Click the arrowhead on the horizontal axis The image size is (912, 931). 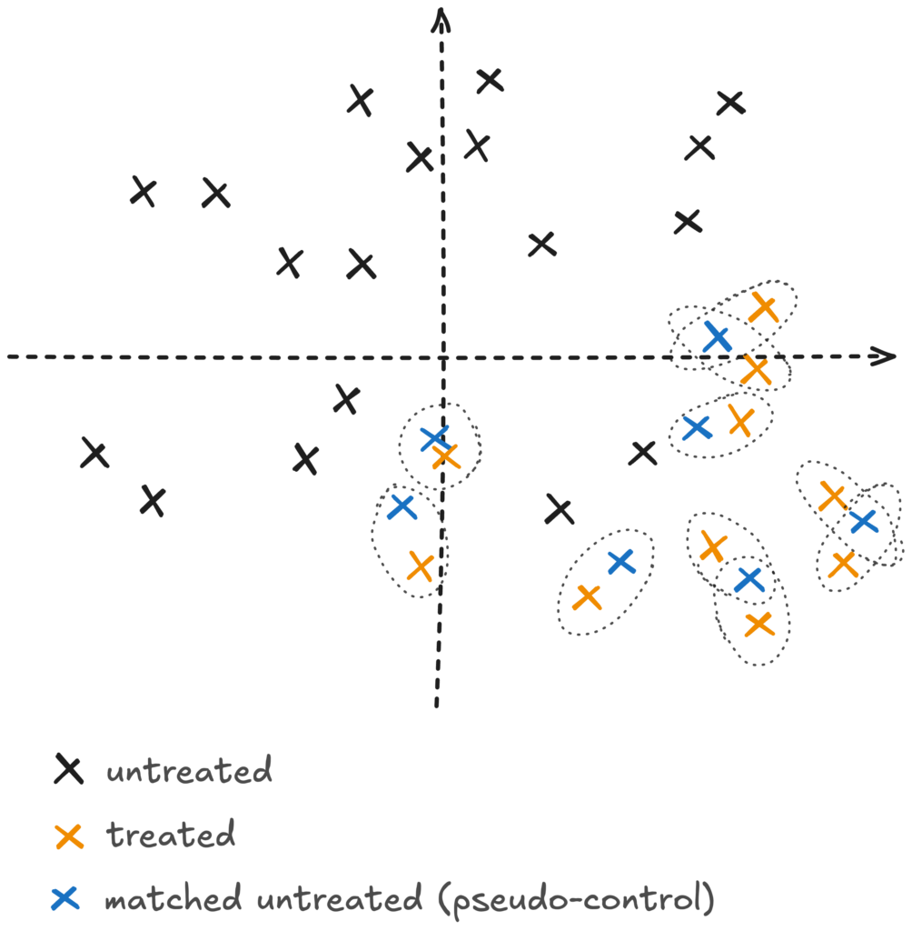pos(883,356)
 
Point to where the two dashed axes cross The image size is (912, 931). pos(442,357)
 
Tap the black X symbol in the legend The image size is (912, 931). pos(69,769)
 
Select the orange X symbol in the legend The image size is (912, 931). pos(69,836)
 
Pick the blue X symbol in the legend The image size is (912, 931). pos(65,898)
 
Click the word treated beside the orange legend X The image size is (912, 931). pos(171,835)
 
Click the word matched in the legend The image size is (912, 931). pos(173,897)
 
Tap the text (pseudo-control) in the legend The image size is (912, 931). pos(576,899)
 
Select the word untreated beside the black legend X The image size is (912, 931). pos(189,770)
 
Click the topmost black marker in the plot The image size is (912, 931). pos(491,80)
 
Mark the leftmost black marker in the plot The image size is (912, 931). pos(95,453)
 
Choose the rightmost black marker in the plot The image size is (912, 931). pos(730,104)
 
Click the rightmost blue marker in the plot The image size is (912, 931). pos(864,521)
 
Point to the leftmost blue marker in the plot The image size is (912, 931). pos(402,507)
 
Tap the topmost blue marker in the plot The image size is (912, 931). pos(717,337)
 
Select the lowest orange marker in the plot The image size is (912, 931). pos(759,624)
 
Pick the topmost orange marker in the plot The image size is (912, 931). pos(763,307)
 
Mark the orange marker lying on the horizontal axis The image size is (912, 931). pos(756,369)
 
